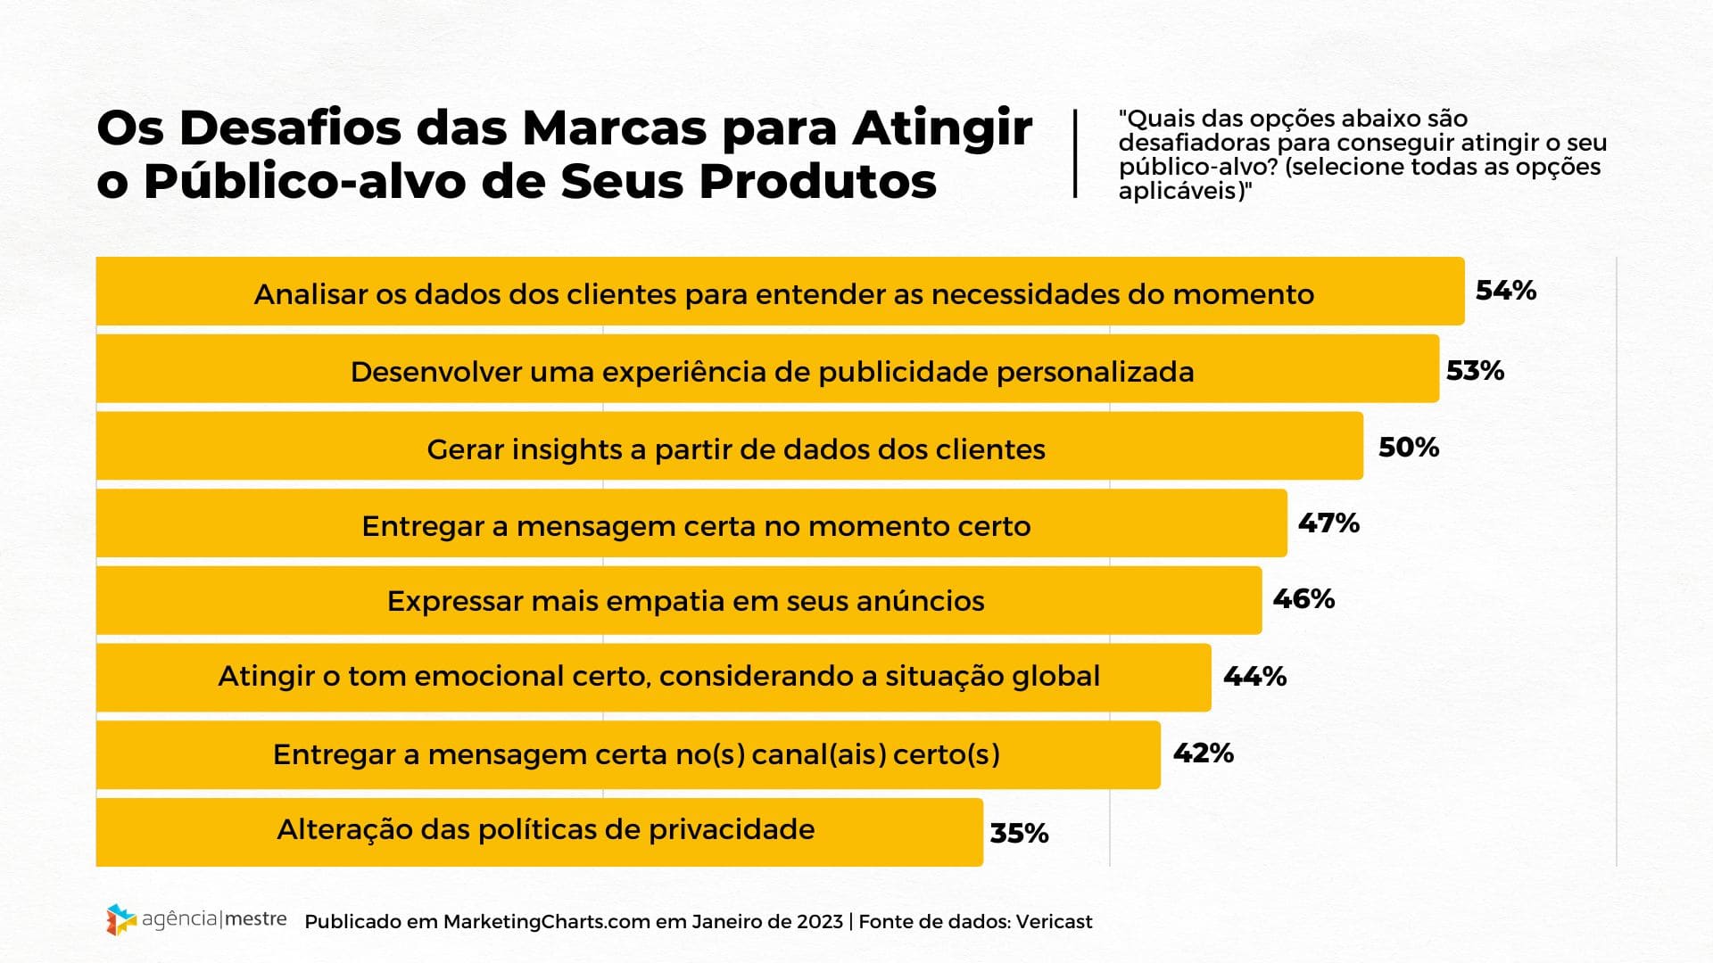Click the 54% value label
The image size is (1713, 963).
pyautogui.click(x=1505, y=291)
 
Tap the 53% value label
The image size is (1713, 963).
pyautogui.click(x=1475, y=371)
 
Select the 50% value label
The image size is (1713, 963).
pyautogui.click(x=1408, y=448)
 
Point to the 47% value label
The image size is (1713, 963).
pyautogui.click(x=1328, y=523)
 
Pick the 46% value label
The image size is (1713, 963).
pyautogui.click(x=1303, y=599)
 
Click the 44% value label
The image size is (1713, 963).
pyautogui.click(x=1254, y=677)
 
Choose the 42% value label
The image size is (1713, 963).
pyautogui.click(x=1203, y=753)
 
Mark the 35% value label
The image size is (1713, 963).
pyautogui.click(x=1019, y=834)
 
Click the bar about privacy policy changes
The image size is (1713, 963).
pyautogui.click(x=539, y=832)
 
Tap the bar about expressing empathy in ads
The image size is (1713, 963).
pyautogui.click(x=678, y=600)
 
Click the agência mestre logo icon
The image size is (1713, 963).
pyautogui.click(x=120, y=919)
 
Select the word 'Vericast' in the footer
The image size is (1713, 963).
pyautogui.click(x=1054, y=922)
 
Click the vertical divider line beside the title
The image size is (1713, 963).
pyautogui.click(x=1075, y=153)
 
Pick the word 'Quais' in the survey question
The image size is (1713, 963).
pyautogui.click(x=1156, y=119)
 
